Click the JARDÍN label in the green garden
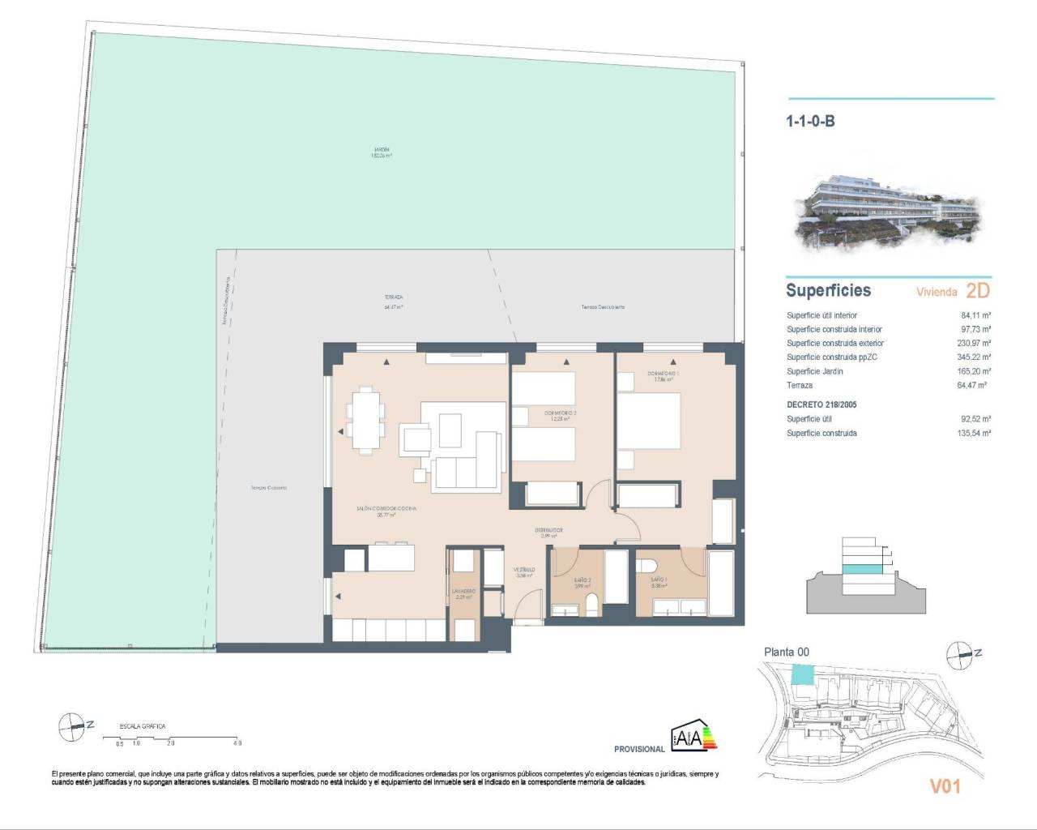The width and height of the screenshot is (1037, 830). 382,152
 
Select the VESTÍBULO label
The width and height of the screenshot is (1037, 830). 524,572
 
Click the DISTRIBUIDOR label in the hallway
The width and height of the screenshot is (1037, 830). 548,533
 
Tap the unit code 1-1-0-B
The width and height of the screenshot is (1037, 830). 809,122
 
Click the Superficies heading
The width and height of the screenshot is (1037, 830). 828,290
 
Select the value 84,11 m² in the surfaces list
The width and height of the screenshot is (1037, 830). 975,315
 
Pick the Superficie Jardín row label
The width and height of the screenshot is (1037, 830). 814,371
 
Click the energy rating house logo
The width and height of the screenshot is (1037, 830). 693,736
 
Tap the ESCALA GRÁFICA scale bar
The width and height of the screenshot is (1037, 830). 171,738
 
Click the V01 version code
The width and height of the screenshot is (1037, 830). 945,785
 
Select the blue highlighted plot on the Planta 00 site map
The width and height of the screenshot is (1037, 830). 801,674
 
